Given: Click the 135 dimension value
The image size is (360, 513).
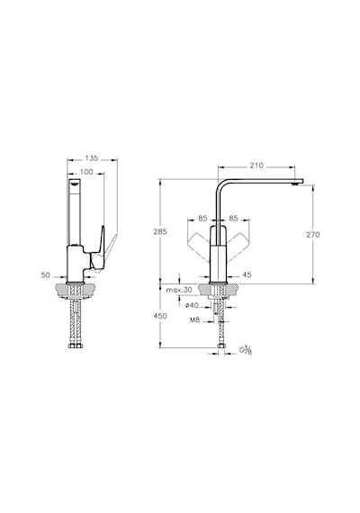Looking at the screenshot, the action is click(92, 158).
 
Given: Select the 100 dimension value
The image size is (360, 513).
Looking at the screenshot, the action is click(86, 172).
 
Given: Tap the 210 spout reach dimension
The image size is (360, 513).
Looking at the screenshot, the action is click(256, 166).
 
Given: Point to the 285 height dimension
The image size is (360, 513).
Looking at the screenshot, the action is click(160, 231).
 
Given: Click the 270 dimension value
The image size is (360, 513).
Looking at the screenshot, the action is click(313, 235).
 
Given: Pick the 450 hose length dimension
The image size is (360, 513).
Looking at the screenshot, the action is click(160, 316).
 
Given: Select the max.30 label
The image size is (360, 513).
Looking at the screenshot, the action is click(179, 290).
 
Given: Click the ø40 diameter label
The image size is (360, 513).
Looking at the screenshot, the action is click(192, 306).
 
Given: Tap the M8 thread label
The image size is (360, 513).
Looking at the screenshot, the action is click(194, 320).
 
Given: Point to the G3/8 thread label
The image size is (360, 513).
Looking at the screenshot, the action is click(246, 350).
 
